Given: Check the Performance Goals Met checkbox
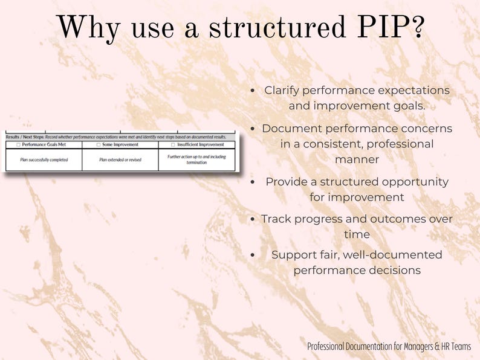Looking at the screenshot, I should tap(19, 145).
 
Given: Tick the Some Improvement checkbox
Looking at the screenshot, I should tap(99, 145).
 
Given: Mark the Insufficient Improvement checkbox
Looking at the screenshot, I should tap(174, 145).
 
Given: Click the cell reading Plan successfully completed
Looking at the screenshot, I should tap(44, 160).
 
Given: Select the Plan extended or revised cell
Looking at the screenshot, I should tap(119, 160).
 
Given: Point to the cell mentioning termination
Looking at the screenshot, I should tap(196, 159).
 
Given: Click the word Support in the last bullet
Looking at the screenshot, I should tap(293, 255).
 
